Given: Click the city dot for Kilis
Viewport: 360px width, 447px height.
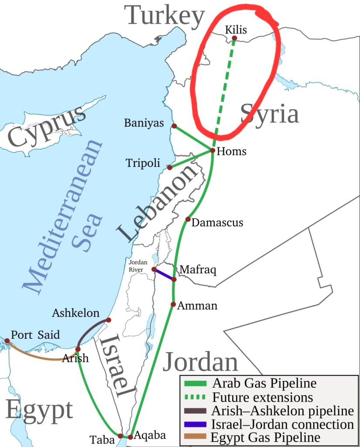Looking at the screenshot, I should [234, 38].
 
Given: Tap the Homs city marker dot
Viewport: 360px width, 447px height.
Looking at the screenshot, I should [212, 151].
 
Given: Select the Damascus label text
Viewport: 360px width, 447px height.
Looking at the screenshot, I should [217, 223].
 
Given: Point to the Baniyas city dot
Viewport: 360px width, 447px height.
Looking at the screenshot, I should [174, 126].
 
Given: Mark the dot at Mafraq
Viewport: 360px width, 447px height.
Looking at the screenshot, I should [174, 279].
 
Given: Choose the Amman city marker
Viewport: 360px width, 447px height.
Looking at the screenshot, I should [173, 304].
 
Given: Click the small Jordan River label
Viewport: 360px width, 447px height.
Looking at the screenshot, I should [139, 265].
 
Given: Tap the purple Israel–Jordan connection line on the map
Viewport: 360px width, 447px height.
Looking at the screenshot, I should [164, 275].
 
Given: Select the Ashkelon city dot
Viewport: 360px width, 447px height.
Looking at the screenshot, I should [109, 320].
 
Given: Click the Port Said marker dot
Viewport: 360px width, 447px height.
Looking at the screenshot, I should [7, 340].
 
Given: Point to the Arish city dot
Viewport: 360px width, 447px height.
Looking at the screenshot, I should [78, 349].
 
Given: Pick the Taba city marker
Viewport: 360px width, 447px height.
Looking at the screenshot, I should [120, 436].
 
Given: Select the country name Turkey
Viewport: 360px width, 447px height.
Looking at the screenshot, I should [166, 16].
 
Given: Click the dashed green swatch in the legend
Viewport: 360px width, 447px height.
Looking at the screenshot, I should [196, 397].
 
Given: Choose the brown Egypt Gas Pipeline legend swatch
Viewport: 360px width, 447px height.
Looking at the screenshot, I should [196, 437].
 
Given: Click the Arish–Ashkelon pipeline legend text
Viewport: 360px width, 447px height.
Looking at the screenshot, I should [282, 411].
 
